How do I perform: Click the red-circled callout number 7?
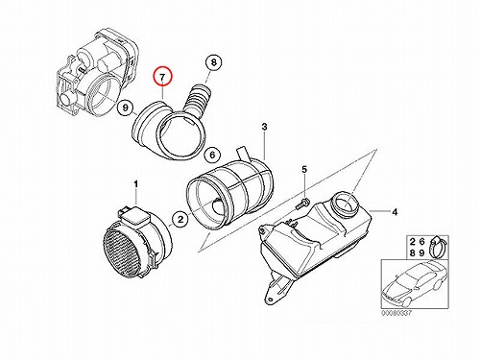point(162,78)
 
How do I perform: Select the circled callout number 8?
point(213,62)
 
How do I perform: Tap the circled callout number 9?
point(126,108)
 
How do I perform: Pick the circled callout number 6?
point(213,156)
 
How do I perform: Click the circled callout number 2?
point(180,220)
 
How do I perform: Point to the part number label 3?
point(264,127)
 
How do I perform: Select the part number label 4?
point(395,212)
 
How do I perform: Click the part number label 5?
point(304,169)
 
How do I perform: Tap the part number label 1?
point(136,184)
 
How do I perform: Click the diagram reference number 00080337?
point(396,313)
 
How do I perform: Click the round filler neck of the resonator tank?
point(347,203)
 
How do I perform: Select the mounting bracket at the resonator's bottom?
point(276,286)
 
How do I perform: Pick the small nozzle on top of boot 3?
point(242,154)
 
